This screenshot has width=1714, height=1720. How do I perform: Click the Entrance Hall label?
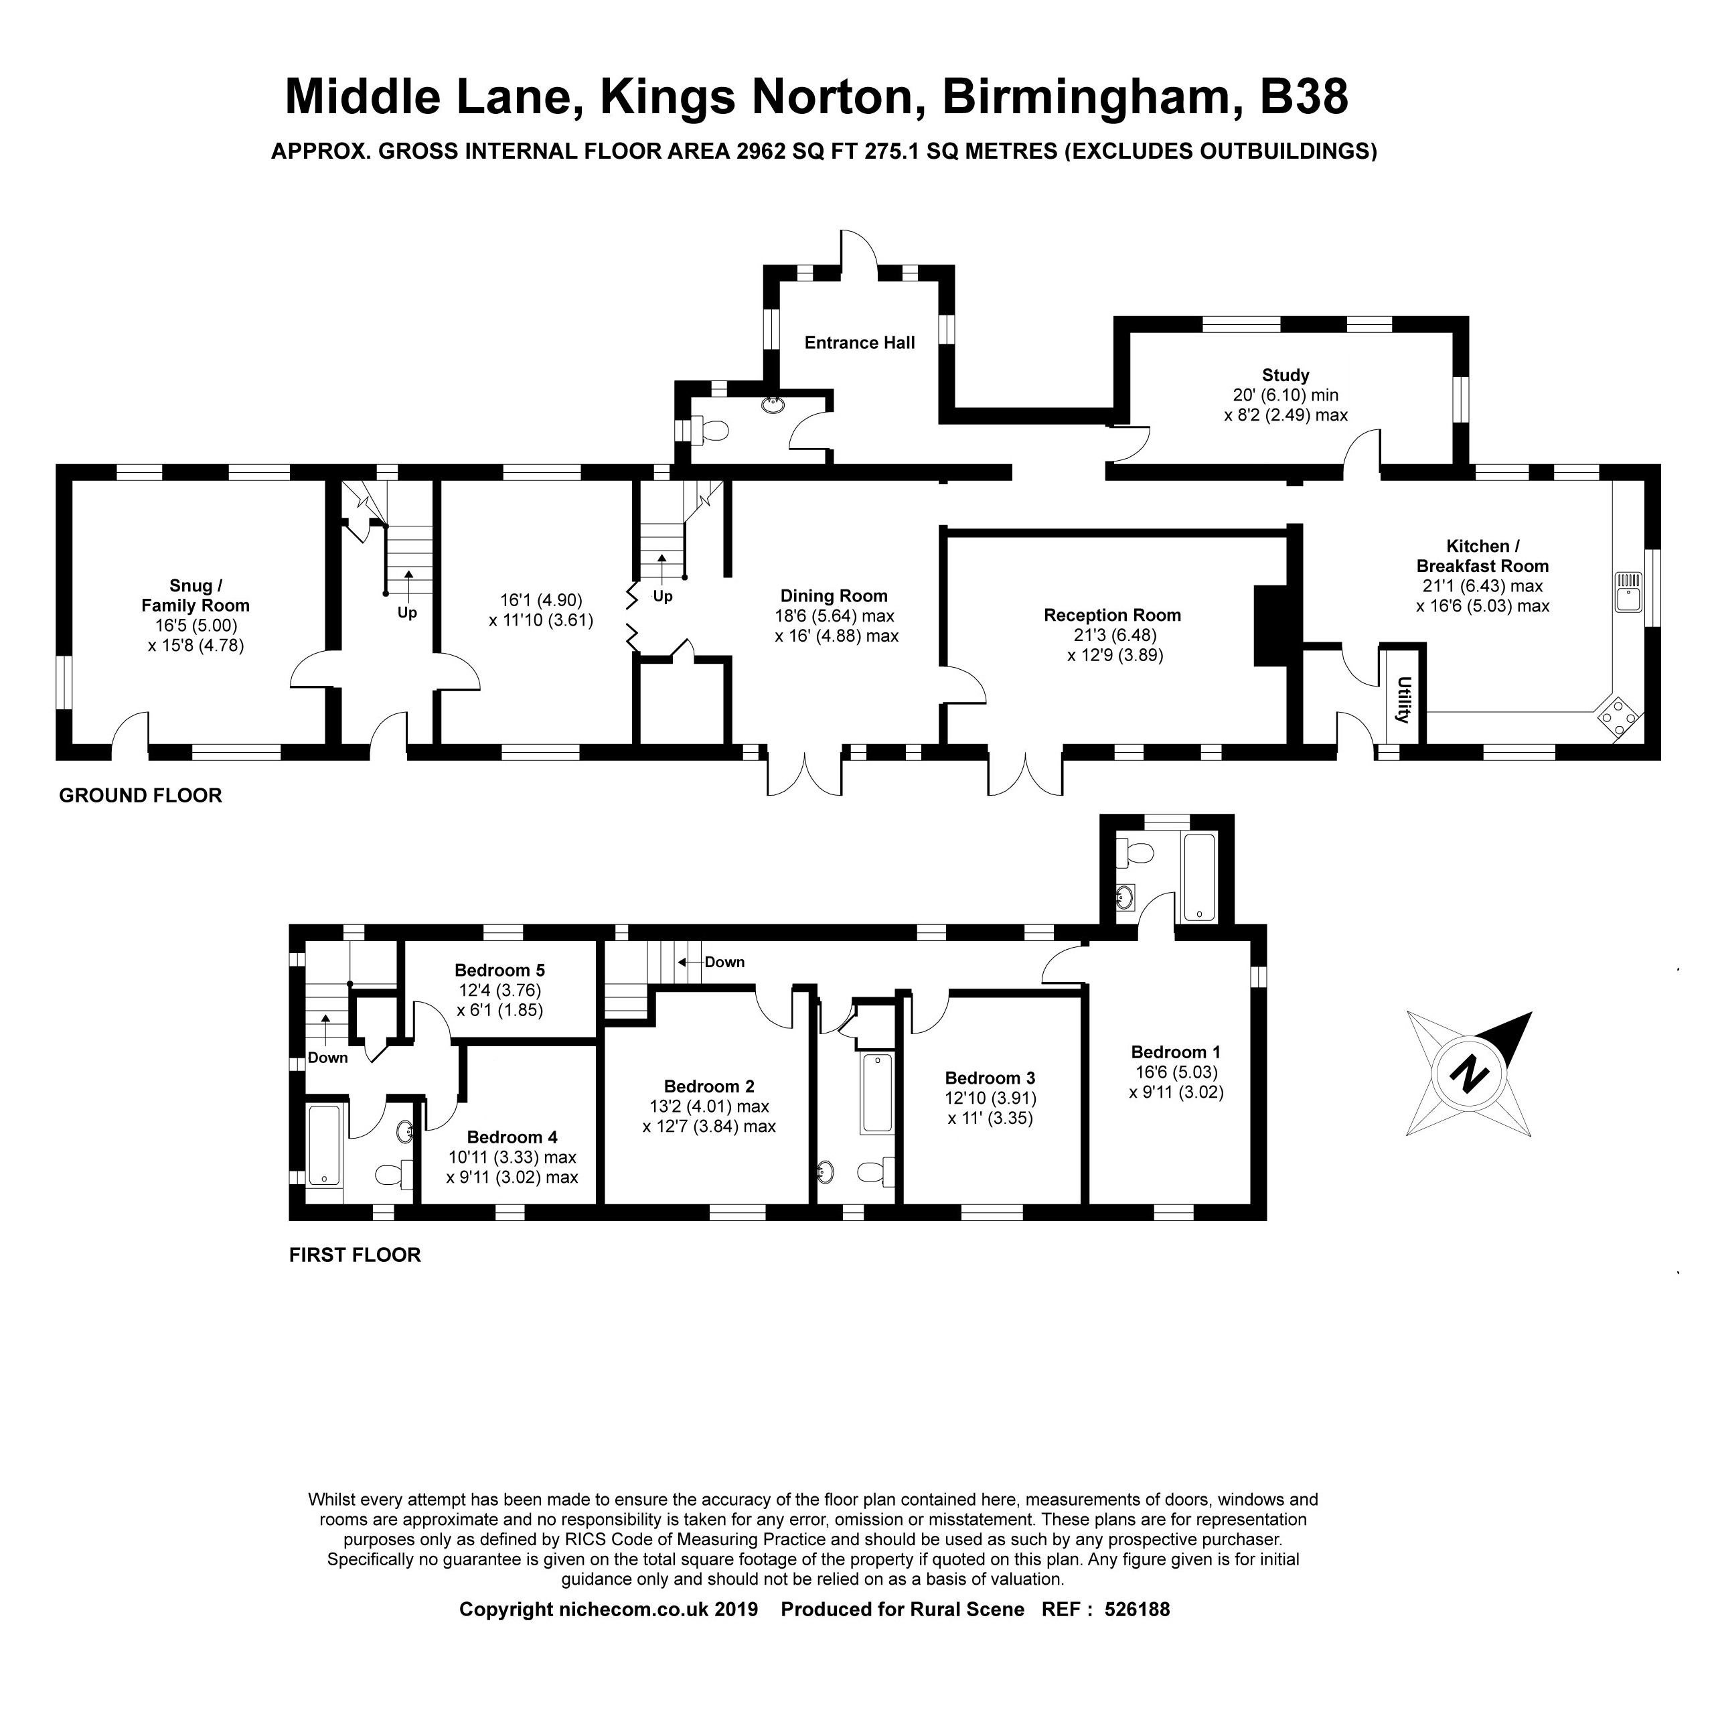(859, 343)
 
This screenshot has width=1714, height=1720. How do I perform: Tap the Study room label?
(1285, 375)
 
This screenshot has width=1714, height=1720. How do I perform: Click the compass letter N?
(1468, 1074)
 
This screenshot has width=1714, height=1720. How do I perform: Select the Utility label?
(1403, 700)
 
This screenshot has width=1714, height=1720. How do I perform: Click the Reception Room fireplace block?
(1271, 625)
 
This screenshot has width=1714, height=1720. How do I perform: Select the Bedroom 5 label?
(499, 971)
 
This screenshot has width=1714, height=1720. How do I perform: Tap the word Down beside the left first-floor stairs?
(327, 1058)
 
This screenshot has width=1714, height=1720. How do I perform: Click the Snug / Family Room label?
(196, 595)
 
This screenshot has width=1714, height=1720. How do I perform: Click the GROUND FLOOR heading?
(141, 795)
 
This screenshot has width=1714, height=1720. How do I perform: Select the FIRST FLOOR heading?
(354, 1255)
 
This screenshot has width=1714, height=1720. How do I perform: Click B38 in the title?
(1304, 96)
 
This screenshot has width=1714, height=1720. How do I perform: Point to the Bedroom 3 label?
(990, 1078)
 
